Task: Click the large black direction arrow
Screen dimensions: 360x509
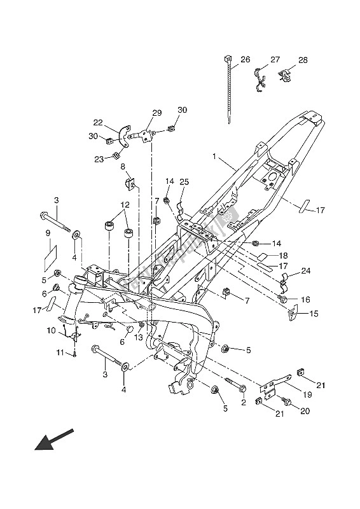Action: [53, 440]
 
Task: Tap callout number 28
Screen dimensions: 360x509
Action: [303, 60]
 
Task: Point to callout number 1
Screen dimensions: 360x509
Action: [214, 157]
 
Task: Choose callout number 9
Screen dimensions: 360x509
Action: [48, 233]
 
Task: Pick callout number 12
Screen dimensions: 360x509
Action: [125, 205]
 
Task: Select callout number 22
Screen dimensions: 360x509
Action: [98, 122]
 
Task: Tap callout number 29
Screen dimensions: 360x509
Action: [157, 113]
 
